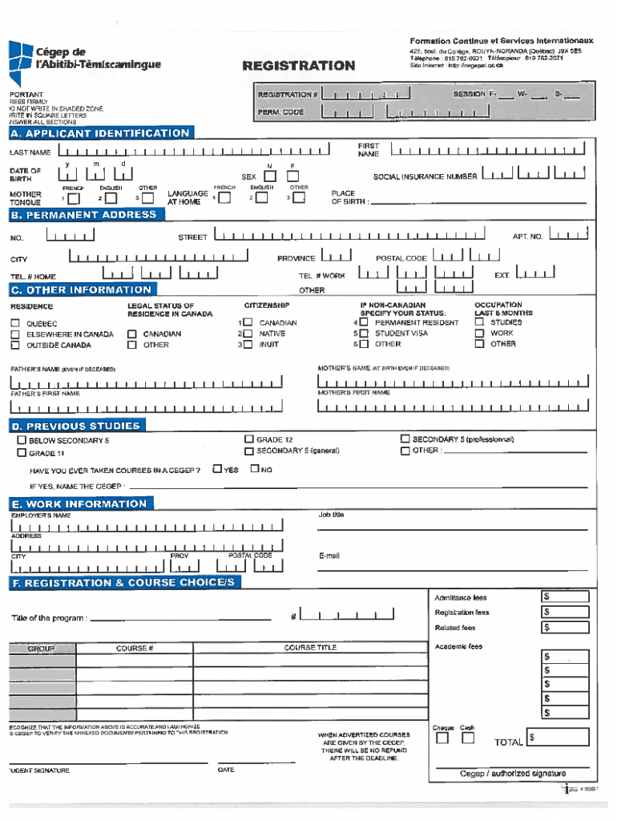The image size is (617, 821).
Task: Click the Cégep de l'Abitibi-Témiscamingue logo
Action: (x=84, y=60)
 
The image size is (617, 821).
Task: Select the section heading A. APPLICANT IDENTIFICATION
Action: (x=100, y=133)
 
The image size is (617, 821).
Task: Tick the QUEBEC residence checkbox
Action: (x=15, y=323)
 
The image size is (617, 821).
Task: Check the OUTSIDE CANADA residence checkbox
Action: (x=15, y=345)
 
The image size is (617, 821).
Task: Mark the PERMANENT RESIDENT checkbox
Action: (x=364, y=322)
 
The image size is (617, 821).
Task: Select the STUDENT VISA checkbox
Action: (x=364, y=334)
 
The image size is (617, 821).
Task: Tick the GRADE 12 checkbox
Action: (x=249, y=439)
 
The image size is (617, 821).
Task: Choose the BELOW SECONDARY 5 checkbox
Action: (x=22, y=441)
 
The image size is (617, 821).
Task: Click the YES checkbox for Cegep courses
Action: (x=217, y=469)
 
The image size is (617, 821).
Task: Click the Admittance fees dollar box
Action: (x=567, y=597)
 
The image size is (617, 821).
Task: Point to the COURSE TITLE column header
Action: (x=310, y=647)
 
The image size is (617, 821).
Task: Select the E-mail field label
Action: (x=329, y=555)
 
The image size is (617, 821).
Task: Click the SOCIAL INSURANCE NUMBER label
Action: (x=425, y=176)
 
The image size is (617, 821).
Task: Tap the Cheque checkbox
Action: (x=442, y=738)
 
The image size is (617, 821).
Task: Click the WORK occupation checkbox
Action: (x=479, y=334)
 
